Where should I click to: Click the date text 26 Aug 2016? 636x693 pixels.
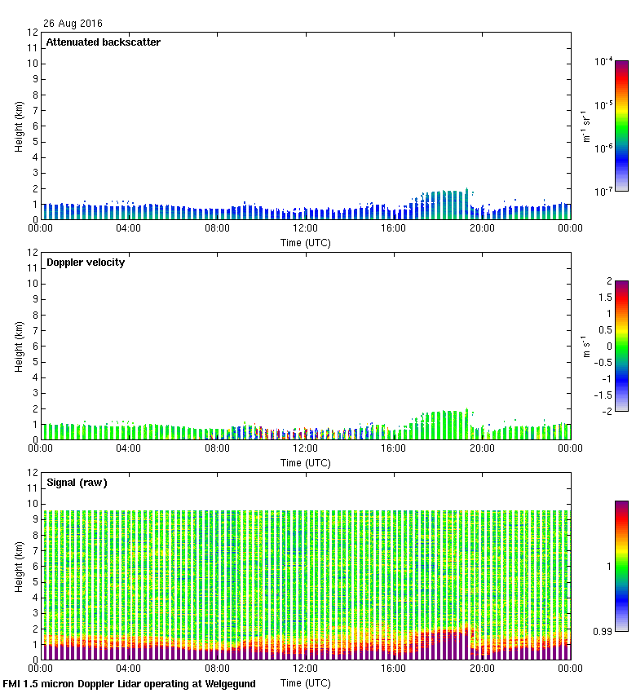click(73, 24)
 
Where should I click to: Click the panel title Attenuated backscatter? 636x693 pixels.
click(104, 42)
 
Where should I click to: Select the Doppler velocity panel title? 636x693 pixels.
click(86, 263)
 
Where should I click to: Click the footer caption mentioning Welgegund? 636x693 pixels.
click(130, 684)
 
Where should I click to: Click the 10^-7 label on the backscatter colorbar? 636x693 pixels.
click(604, 192)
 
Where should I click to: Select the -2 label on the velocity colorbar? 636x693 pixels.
click(606, 410)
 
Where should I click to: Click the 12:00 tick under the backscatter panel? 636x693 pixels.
click(306, 229)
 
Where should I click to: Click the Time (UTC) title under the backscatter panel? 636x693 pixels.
click(306, 243)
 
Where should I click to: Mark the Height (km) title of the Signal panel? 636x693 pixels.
click(18, 566)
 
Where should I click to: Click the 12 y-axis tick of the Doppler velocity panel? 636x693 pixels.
click(33, 253)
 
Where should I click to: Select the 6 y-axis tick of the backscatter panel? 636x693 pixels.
click(35, 126)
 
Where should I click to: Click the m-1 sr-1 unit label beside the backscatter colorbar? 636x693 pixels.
click(585, 126)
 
